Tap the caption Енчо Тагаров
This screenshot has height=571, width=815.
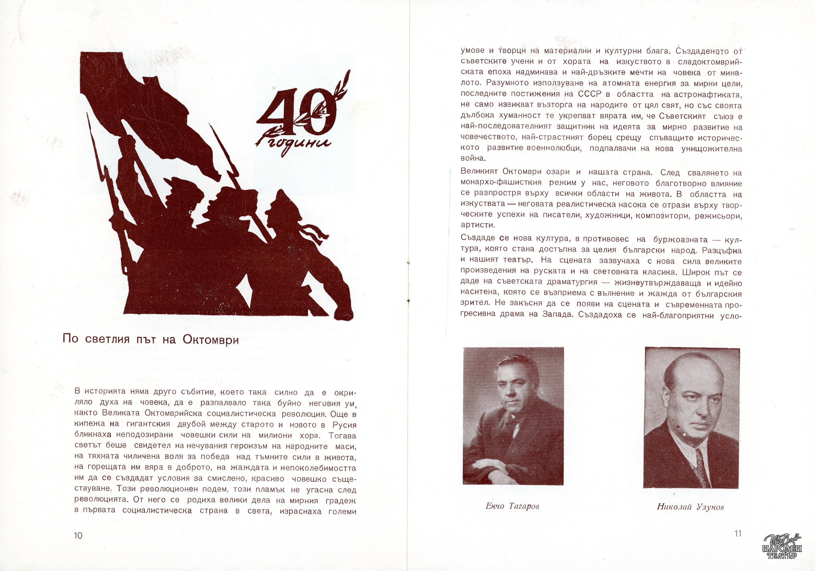click(x=512, y=506)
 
